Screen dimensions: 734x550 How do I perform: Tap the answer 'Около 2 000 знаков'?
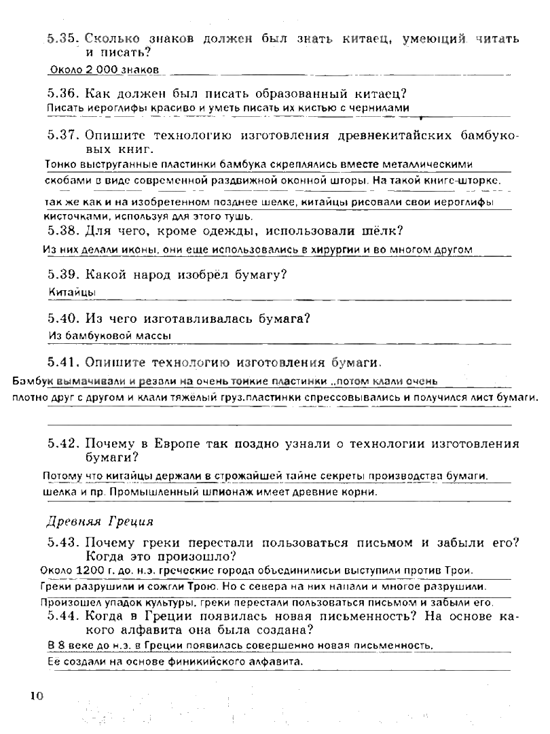[x=105, y=69]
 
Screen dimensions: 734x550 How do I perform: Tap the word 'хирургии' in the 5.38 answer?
[x=335, y=249]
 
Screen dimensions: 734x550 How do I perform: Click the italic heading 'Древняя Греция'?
[x=100, y=521]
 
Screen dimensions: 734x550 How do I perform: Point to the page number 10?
[x=36, y=695]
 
